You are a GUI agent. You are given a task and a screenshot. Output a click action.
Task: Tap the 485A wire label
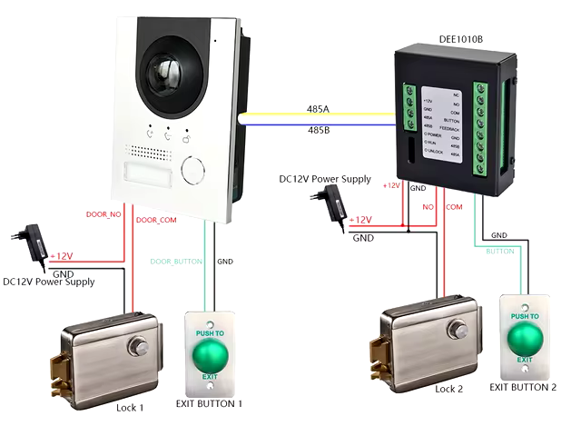pyautogui.click(x=319, y=109)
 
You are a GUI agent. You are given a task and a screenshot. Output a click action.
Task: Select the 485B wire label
pyautogui.click(x=319, y=131)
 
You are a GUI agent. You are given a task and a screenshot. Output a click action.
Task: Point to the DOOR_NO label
pyautogui.click(x=103, y=214)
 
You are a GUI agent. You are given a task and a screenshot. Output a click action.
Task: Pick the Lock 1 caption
pyautogui.click(x=130, y=408)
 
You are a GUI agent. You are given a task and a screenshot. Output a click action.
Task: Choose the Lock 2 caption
pyautogui.click(x=448, y=389)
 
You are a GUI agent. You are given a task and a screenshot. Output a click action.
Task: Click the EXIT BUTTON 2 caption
pyautogui.click(x=523, y=387)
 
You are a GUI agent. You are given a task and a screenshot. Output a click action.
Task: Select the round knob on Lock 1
pyautogui.click(x=139, y=345)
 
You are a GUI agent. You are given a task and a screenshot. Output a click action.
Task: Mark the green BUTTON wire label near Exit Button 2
pyautogui.click(x=500, y=251)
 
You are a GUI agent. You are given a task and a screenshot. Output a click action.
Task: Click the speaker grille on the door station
pyautogui.click(x=144, y=151)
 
